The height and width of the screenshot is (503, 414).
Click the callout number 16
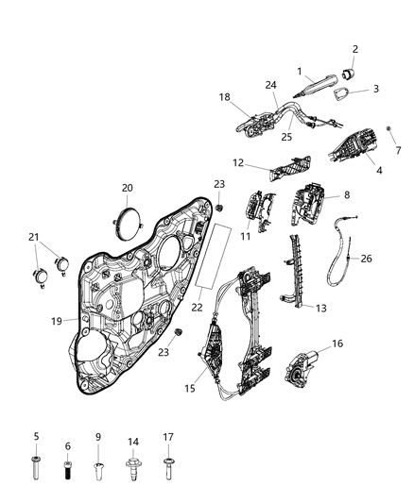[336, 344]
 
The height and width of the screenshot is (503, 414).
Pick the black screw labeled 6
[68, 465]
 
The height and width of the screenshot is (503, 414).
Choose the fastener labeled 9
[98, 466]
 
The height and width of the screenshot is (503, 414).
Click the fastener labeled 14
[132, 466]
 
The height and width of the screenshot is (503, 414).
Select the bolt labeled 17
[168, 466]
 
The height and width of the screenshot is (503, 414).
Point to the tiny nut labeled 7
[389, 126]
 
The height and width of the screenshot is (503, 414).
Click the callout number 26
[367, 258]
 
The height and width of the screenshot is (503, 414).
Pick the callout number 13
[321, 308]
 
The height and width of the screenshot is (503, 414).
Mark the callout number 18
[225, 96]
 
